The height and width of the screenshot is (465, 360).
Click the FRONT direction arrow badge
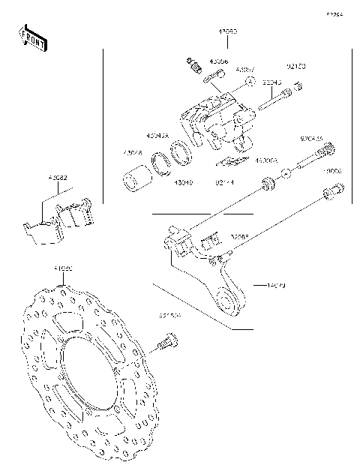(32, 38)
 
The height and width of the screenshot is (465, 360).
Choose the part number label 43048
(133, 154)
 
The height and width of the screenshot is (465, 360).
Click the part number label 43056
(220, 61)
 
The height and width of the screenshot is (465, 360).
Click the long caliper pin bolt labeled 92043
(274, 100)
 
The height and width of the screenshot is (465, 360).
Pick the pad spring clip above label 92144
(229, 161)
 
